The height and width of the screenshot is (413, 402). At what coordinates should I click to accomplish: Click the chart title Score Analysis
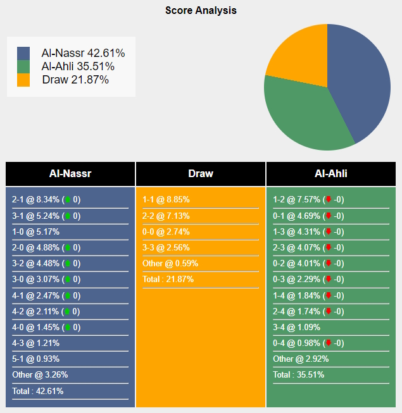click(x=201, y=11)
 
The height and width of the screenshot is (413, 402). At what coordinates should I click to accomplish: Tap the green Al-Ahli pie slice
click(x=304, y=117)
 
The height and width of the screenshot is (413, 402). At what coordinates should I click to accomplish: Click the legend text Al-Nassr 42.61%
click(x=83, y=53)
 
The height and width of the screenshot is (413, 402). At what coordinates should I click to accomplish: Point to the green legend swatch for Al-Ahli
click(x=23, y=66)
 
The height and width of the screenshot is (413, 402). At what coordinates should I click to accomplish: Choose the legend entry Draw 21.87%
click(x=75, y=80)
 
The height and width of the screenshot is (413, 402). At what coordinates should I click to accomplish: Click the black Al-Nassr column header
click(x=70, y=174)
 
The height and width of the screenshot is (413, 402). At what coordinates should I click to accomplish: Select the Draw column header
click(x=201, y=174)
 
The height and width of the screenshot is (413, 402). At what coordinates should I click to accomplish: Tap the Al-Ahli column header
click(x=330, y=174)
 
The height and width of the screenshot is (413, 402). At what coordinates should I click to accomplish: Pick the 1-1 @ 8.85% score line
click(x=166, y=200)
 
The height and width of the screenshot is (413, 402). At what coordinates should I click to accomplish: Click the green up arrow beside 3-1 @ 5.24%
click(x=67, y=216)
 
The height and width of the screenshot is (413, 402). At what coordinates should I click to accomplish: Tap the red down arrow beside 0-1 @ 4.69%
click(x=328, y=216)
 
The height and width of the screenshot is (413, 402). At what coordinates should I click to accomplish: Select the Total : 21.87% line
click(x=168, y=280)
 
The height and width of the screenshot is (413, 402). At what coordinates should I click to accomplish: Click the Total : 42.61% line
click(x=37, y=391)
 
